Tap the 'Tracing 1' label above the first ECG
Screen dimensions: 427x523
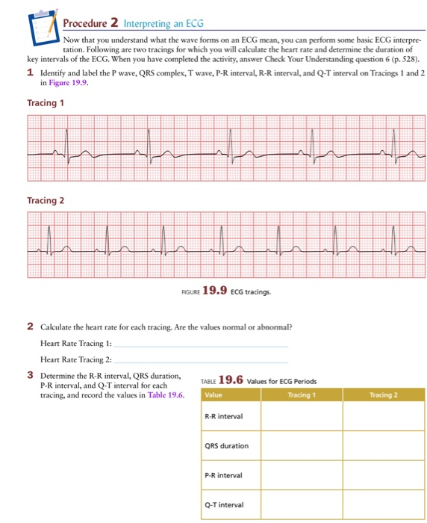(45, 103)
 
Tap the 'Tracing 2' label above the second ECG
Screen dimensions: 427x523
(45, 200)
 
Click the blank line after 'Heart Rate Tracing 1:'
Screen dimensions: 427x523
(202, 345)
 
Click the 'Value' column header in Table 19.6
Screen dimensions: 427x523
(213, 394)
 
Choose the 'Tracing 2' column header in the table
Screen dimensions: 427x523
(384, 394)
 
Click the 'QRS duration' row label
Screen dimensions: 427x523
(225, 446)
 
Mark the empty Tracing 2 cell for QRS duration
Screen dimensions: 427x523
(384, 446)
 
